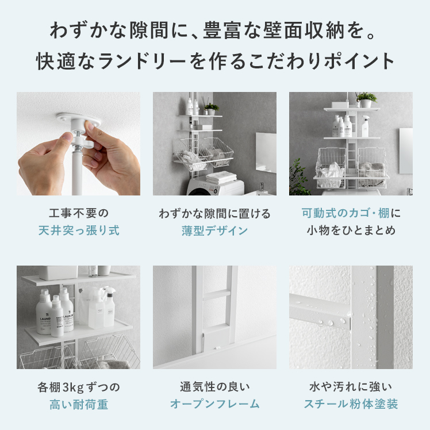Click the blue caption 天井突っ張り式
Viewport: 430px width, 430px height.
tap(79, 231)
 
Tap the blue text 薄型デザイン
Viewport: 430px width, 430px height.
tap(215, 231)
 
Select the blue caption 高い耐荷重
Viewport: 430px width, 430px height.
tap(79, 405)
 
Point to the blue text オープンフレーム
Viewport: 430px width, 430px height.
tap(215, 404)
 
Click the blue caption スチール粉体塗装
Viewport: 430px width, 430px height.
tap(351, 404)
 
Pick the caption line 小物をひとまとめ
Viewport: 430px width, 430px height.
tap(351, 231)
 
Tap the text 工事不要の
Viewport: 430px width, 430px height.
tap(79, 213)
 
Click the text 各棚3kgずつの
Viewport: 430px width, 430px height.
tap(79, 387)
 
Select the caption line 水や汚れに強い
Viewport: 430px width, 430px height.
tap(351, 387)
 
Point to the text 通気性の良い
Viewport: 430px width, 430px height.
tap(215, 387)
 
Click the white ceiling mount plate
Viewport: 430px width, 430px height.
tap(78, 119)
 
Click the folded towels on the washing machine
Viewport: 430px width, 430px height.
tap(221, 177)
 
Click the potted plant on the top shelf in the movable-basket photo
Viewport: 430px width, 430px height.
tap(366, 100)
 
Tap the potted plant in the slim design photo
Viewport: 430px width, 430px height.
tap(212, 109)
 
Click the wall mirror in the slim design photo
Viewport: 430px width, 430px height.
tap(266, 152)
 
